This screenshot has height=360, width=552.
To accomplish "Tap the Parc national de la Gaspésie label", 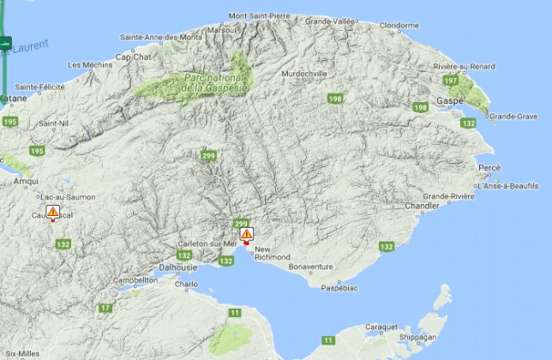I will [215, 83].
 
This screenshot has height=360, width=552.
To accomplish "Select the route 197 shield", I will [451, 81].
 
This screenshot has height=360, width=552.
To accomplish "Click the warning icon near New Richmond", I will [246, 233].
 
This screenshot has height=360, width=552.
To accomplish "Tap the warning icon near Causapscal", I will [52, 211].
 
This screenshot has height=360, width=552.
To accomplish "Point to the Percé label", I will [489, 167].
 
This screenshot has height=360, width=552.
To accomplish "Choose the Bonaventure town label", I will [309, 267].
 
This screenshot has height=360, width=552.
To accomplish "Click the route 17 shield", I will [105, 308].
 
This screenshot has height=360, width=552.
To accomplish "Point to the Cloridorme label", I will [399, 26].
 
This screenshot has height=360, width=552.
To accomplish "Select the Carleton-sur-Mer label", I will [207, 244].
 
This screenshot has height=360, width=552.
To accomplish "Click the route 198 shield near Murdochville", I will [334, 99].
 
